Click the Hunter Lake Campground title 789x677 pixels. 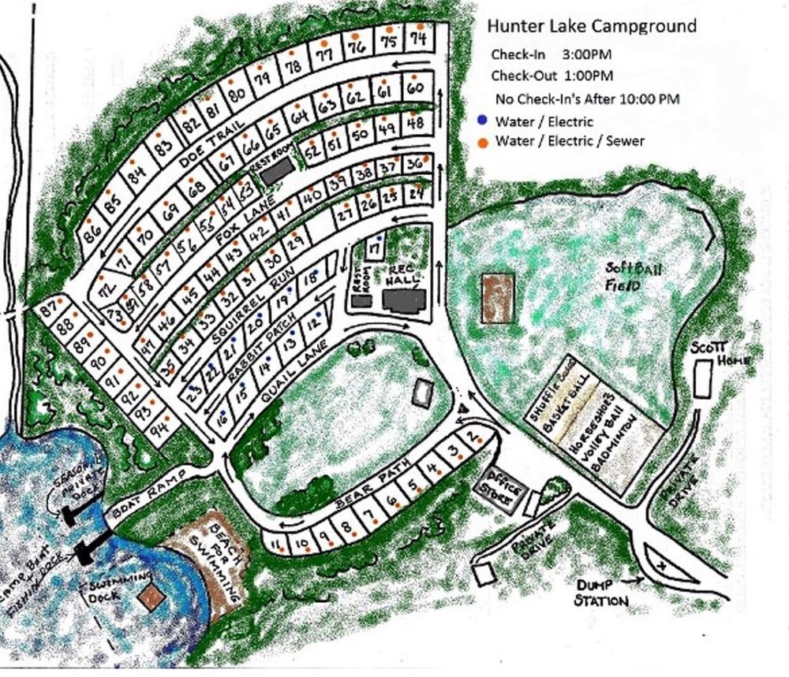(x=591, y=26)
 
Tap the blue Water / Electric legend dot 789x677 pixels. (x=481, y=121)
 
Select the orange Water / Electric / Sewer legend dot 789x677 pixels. (x=481, y=141)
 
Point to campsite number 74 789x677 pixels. (x=419, y=38)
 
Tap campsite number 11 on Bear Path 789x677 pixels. (x=275, y=542)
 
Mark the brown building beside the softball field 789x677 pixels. (x=497, y=297)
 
